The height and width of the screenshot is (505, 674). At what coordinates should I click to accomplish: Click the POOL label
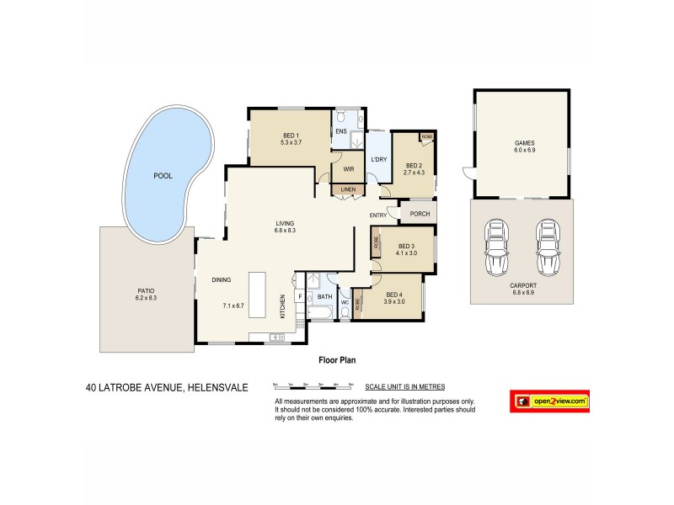pos(163,176)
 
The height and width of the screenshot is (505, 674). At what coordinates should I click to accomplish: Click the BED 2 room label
pos(414,168)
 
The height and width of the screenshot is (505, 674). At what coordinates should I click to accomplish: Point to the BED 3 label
pos(407,249)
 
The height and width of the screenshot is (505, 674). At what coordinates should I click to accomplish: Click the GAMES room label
pos(525,146)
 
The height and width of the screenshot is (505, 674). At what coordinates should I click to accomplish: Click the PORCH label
pos(420,214)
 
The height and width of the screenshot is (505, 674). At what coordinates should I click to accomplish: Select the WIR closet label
pos(348,168)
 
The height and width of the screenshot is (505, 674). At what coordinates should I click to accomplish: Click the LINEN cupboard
pos(348,191)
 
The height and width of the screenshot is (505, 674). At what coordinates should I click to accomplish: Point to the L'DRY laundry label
pos(378,160)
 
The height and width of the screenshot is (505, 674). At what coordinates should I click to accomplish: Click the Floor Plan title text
pos(337,359)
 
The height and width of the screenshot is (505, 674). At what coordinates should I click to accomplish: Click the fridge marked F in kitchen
pos(300,297)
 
